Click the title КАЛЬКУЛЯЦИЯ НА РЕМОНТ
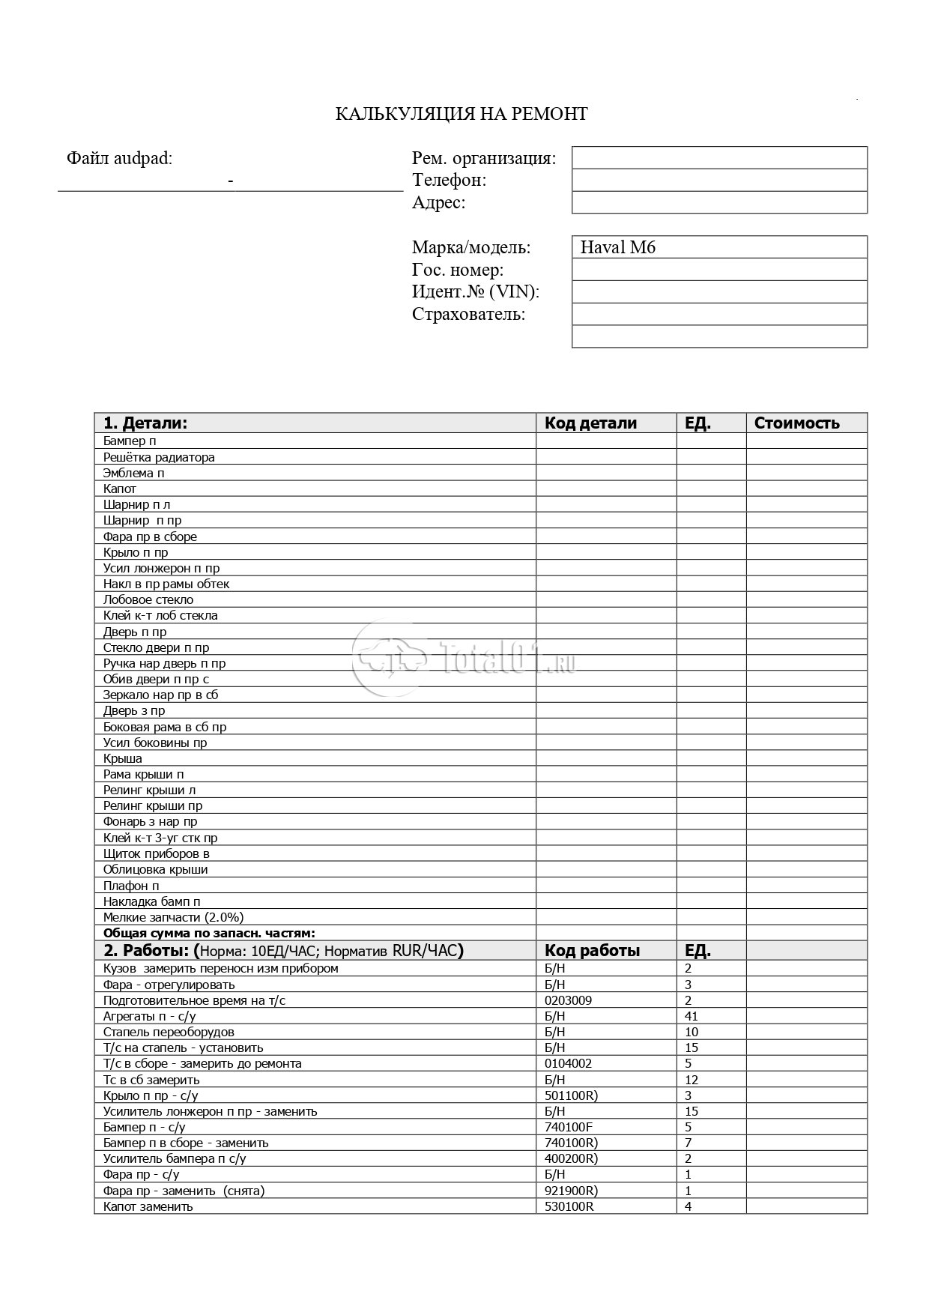[x=461, y=114]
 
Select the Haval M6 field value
[x=617, y=247]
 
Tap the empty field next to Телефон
[x=719, y=180]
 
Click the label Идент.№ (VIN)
[x=476, y=292]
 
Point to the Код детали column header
[x=590, y=423]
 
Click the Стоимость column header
[x=796, y=423]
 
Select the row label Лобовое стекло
[x=148, y=599]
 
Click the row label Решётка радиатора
[x=159, y=457]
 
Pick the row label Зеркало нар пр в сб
[x=160, y=695]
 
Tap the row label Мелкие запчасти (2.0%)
[x=173, y=917]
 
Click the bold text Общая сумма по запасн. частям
[x=209, y=933]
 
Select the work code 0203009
[x=568, y=1000]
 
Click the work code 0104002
[x=568, y=1063]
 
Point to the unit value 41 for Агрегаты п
[x=691, y=1016]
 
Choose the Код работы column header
[x=592, y=952]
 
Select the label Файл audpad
[x=119, y=158]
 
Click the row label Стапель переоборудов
[x=169, y=1032]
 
